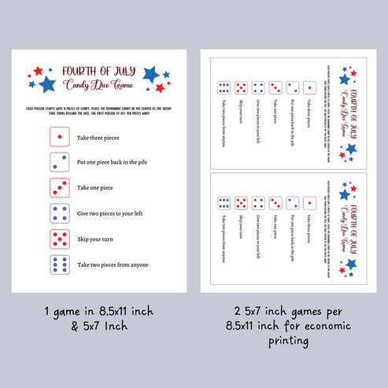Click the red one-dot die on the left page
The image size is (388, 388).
[58, 137]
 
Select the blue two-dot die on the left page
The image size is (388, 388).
[58, 162]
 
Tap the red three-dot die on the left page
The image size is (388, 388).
[58, 188]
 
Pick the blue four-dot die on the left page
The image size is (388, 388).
[58, 213]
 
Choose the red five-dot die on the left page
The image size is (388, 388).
[58, 238]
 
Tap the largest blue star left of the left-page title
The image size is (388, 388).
[47, 83]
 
